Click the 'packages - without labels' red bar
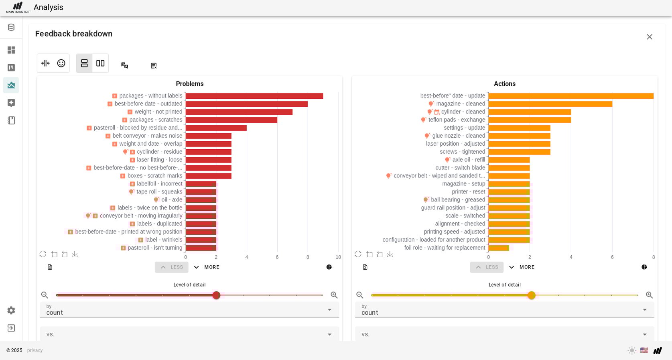pyautogui.click(x=254, y=96)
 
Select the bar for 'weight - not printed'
pyautogui.click(x=239, y=112)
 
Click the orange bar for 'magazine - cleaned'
pyautogui.click(x=550, y=104)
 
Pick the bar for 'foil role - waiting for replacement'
pyautogui.click(x=499, y=248)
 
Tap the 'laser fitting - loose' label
pyautogui.click(x=159, y=160)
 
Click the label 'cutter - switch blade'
pyautogui.click(x=460, y=168)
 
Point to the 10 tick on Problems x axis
pyautogui.click(x=338, y=257)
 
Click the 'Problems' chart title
pyautogui.click(x=189, y=84)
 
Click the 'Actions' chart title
pyautogui.click(x=504, y=84)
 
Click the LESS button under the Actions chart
pyautogui.click(x=487, y=267)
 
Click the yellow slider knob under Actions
pyautogui.click(x=532, y=295)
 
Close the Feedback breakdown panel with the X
pyautogui.click(x=649, y=37)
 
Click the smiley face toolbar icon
pyautogui.click(x=61, y=63)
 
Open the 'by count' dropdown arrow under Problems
pyautogui.click(x=329, y=310)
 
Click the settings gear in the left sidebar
pyautogui.click(x=11, y=311)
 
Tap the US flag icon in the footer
pyautogui.click(x=644, y=350)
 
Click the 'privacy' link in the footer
pyautogui.click(x=35, y=350)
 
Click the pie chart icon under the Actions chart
pyautogui.click(x=644, y=267)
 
